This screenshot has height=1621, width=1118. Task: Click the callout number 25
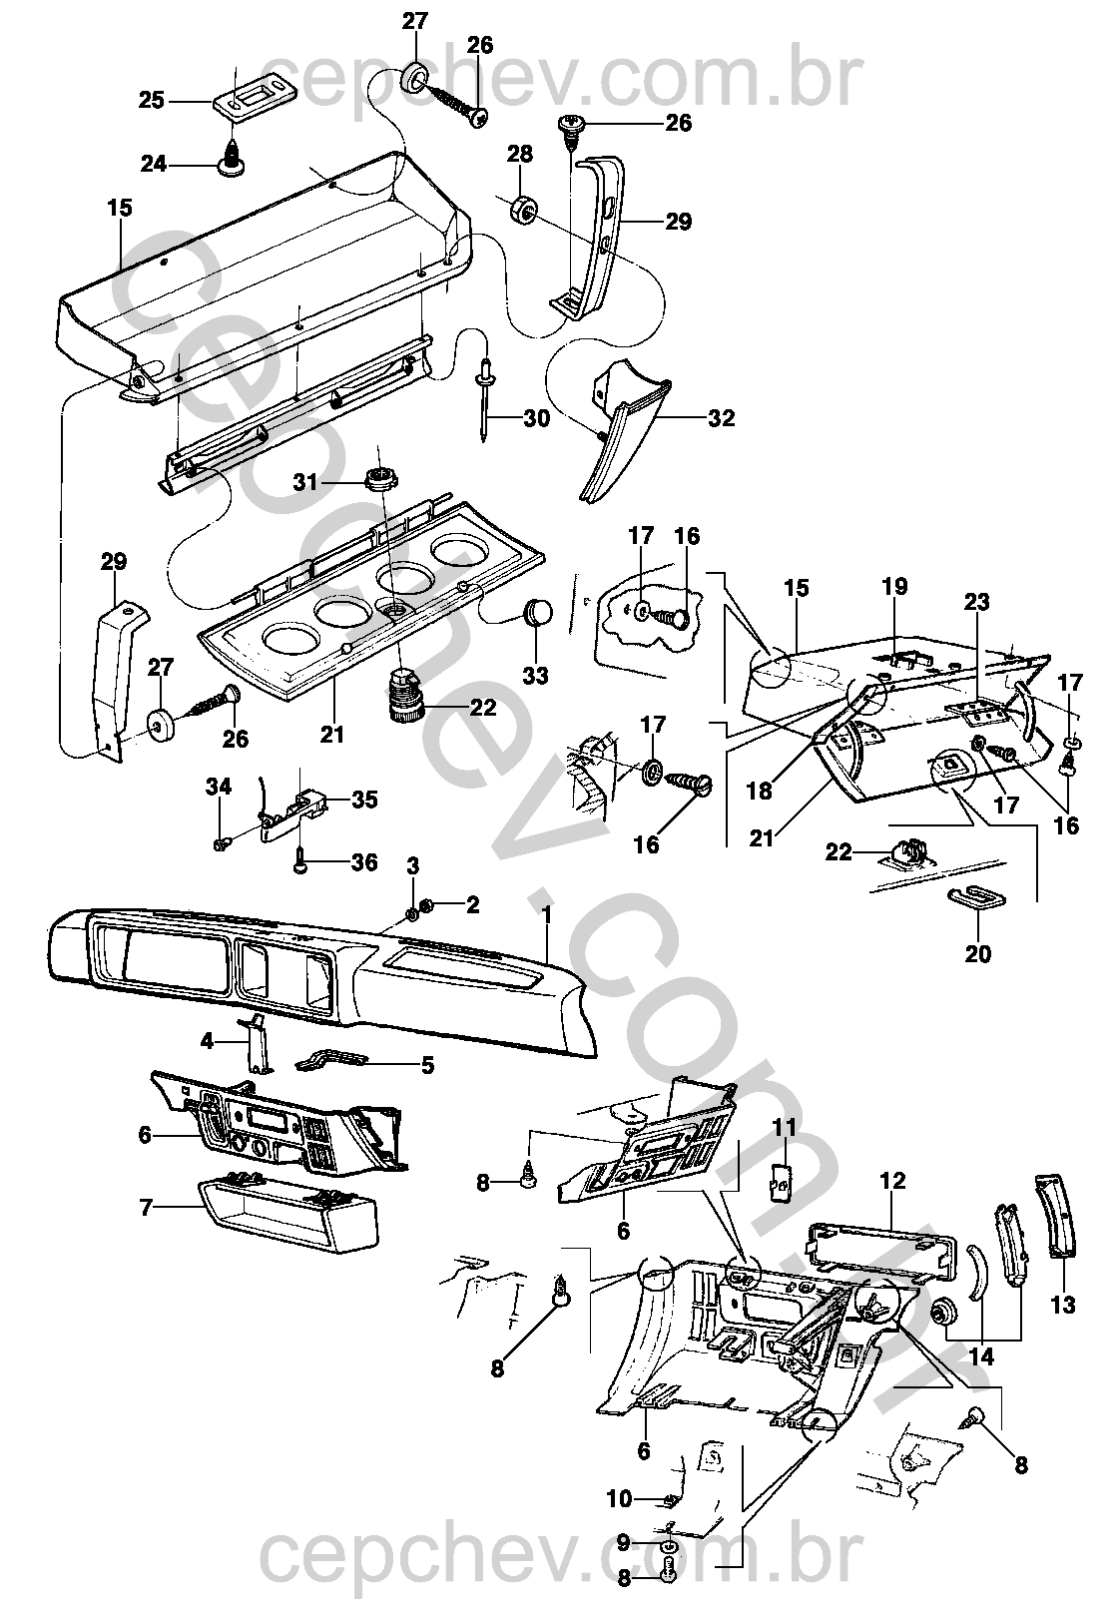(x=152, y=100)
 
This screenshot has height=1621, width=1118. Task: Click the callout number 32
(x=721, y=417)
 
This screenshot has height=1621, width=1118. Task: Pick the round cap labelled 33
(x=538, y=610)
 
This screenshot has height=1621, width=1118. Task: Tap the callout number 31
(x=305, y=482)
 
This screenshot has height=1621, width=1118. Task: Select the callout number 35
(x=364, y=800)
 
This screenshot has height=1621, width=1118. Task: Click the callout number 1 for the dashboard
(x=547, y=914)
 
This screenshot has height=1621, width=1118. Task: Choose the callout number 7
(x=147, y=1208)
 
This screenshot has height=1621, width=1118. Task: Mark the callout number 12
(x=893, y=1181)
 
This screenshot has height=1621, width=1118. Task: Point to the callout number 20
(x=977, y=954)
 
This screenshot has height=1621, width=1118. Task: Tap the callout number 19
(x=895, y=586)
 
